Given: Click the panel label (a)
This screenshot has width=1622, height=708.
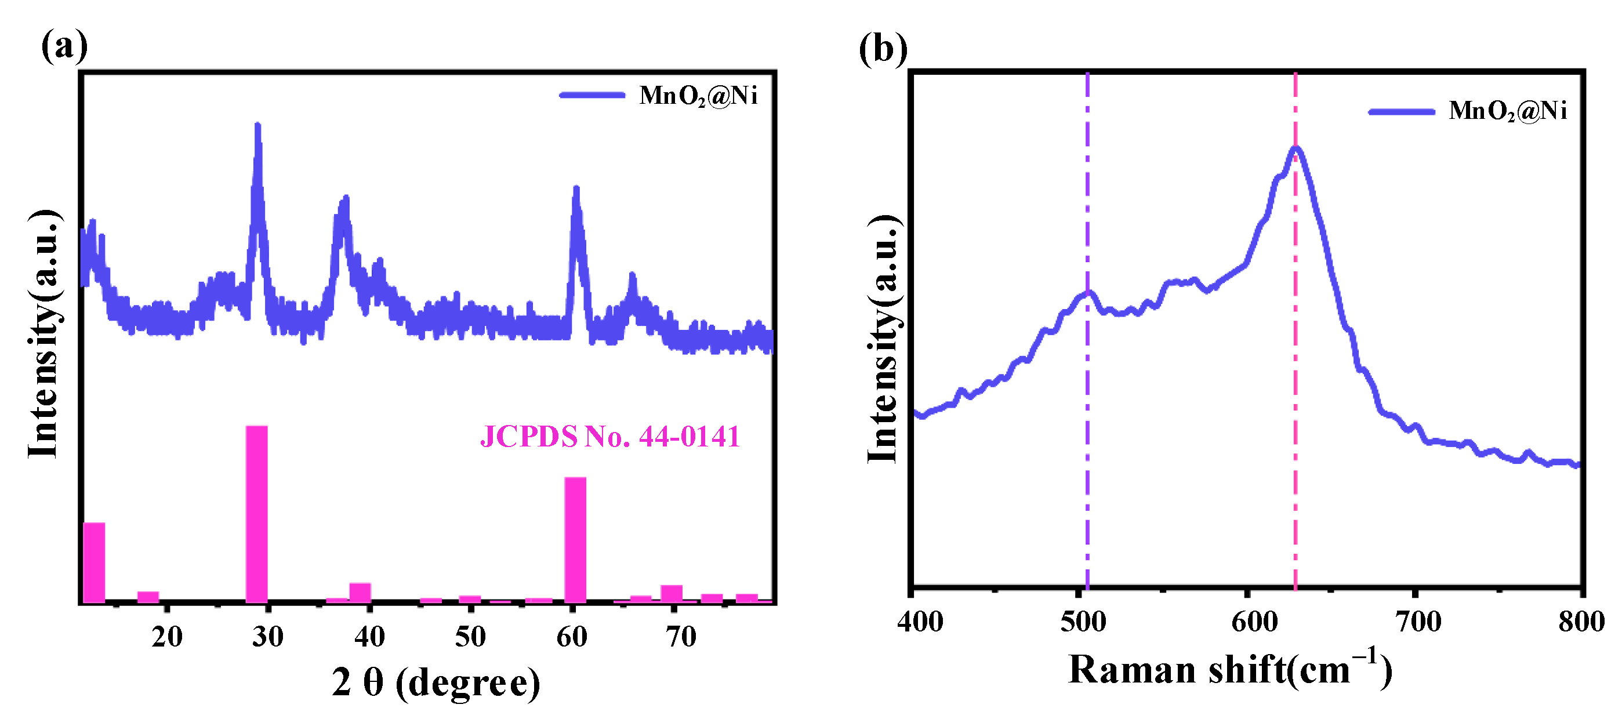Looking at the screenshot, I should (64, 46).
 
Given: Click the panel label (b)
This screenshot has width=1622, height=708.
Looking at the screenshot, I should (882, 49).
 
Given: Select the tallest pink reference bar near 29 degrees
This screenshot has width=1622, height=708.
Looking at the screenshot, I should (256, 513).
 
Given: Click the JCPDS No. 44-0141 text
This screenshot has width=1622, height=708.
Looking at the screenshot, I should (609, 436).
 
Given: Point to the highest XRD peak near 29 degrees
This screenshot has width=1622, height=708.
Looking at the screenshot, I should (257, 126).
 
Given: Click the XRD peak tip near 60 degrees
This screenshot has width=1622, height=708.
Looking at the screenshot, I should (575, 189).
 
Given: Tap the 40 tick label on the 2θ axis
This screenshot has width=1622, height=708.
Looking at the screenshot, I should (369, 637).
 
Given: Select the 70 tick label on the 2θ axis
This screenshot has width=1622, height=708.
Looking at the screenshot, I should (681, 637).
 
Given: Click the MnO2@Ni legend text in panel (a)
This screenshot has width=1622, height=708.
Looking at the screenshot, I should (698, 96).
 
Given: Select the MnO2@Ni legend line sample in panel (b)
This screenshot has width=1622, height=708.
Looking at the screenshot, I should (1402, 112).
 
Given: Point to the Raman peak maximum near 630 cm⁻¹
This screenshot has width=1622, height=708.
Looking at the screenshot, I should (1295, 148).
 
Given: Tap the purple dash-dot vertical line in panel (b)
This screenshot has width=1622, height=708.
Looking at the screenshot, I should (1087, 441).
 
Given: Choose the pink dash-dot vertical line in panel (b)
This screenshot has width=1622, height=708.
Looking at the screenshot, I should (1295, 441).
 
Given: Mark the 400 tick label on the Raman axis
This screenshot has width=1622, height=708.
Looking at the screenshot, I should (920, 622).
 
